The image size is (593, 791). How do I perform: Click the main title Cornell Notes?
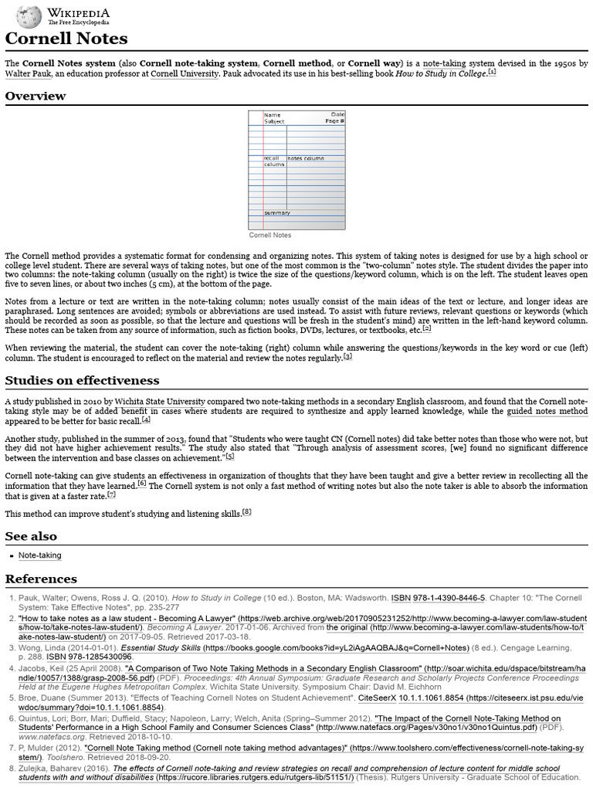click(x=66, y=39)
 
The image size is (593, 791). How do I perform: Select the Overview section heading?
click(x=36, y=96)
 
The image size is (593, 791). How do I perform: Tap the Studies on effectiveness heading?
click(x=82, y=380)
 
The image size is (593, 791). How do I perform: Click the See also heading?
click(x=31, y=536)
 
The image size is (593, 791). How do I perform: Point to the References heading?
click(x=41, y=579)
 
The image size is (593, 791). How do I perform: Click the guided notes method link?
click(x=547, y=412)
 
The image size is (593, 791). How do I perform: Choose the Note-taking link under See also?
click(x=40, y=555)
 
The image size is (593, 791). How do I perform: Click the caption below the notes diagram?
click(x=269, y=235)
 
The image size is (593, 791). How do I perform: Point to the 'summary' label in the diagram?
click(x=276, y=212)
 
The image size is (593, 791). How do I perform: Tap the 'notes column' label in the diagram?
click(x=306, y=158)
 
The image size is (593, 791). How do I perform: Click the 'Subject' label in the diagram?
click(x=274, y=121)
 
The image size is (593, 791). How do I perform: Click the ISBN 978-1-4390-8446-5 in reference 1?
click(x=439, y=597)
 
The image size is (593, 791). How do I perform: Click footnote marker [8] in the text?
click(x=246, y=511)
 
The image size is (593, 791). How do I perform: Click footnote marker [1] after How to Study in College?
click(x=492, y=73)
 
